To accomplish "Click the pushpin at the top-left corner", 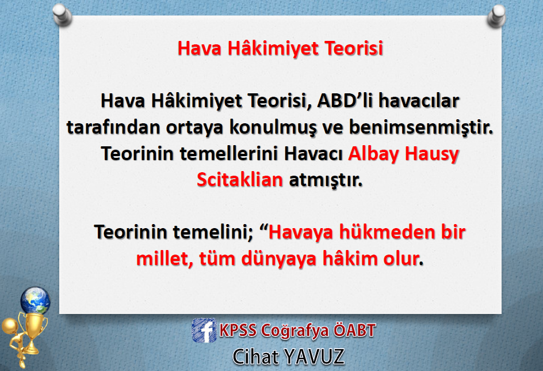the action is pyautogui.click(x=62, y=15).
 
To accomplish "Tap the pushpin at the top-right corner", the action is pyautogui.click(x=496, y=16).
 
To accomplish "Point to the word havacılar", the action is pyautogui.click(x=419, y=101).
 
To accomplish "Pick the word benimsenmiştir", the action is pyautogui.click(x=420, y=127).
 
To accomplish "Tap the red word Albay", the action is pyautogui.click(x=374, y=154).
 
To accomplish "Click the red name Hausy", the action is pyautogui.click(x=432, y=154).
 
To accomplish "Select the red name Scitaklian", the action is pyautogui.click(x=240, y=180).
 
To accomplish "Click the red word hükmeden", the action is pyautogui.click(x=387, y=232).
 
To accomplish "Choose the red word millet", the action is pyautogui.click(x=164, y=259).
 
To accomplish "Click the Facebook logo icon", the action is pyautogui.click(x=204, y=331).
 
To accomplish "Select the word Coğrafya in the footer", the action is pyautogui.click(x=295, y=331).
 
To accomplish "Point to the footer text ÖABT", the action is pyautogui.click(x=354, y=331).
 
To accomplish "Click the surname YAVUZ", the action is pyautogui.click(x=314, y=357).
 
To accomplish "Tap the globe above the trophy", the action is pyautogui.click(x=35, y=300).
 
